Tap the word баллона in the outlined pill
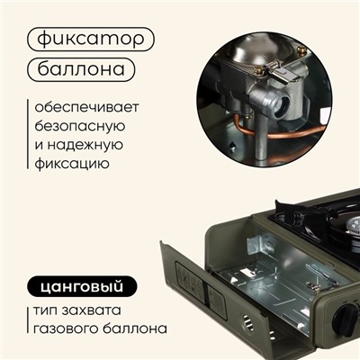[81, 68]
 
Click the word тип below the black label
[41, 310]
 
